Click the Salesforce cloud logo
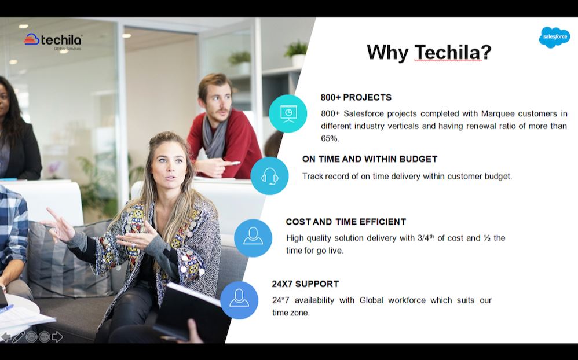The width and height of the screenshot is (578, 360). pos(554,38)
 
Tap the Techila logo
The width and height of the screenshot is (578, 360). pos(53,41)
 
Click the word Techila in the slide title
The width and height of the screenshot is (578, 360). pos(448,53)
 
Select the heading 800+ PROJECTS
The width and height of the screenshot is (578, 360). pos(356,97)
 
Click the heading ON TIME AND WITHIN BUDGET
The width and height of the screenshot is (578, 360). pos(370,159)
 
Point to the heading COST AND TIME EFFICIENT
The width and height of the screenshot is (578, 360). pos(346,222)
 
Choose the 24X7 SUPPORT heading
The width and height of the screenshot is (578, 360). pos(305,284)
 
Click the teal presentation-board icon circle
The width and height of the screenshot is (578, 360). pos(288,113)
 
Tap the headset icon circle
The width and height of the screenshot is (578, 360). pos(269,175)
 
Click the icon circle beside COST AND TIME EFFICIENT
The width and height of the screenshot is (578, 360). pos(253,237)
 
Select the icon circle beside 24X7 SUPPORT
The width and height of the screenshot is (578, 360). pos(239,300)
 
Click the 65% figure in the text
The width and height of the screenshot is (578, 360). pos(330,139)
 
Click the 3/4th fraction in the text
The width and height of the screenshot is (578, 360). pos(426,238)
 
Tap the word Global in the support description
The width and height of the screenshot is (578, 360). pos(371,300)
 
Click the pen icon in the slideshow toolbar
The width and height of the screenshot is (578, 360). pos(19,337)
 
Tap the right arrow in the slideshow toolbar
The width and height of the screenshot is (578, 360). pos(57,337)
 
